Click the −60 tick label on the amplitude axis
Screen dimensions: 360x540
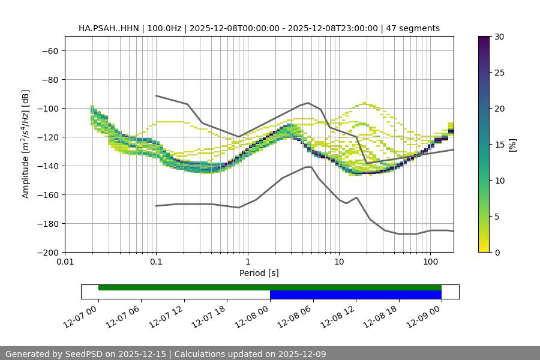[x=49, y=50]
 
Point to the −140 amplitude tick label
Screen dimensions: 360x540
[x=47, y=166]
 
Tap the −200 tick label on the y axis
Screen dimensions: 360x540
[x=47, y=252]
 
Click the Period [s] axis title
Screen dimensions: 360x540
[x=259, y=273]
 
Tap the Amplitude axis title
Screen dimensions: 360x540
[x=26, y=144]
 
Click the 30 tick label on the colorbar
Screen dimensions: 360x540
[x=499, y=37]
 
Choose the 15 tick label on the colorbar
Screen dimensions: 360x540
[x=499, y=145]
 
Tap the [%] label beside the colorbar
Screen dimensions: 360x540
[x=512, y=145]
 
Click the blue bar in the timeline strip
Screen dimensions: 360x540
[x=355, y=295]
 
